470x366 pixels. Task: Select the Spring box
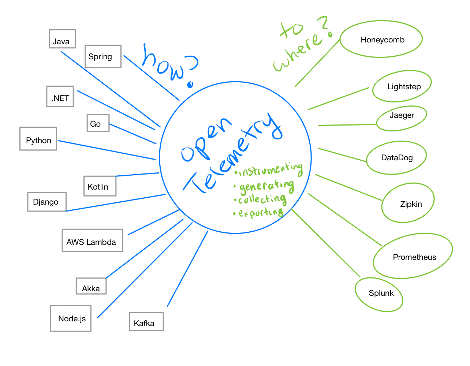coord(103,56)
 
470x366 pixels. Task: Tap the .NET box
coord(60,96)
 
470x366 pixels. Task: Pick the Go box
coord(98,123)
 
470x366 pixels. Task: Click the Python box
coord(38,139)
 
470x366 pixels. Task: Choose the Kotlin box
coord(100,186)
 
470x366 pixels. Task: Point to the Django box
coord(47,202)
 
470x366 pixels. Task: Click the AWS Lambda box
coord(92,240)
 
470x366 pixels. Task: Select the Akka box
coord(91,286)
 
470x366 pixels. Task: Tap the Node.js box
coord(71,318)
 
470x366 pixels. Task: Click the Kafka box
coord(146,322)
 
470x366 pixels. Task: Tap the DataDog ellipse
coord(396,157)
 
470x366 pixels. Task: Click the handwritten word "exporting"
coord(261,213)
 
